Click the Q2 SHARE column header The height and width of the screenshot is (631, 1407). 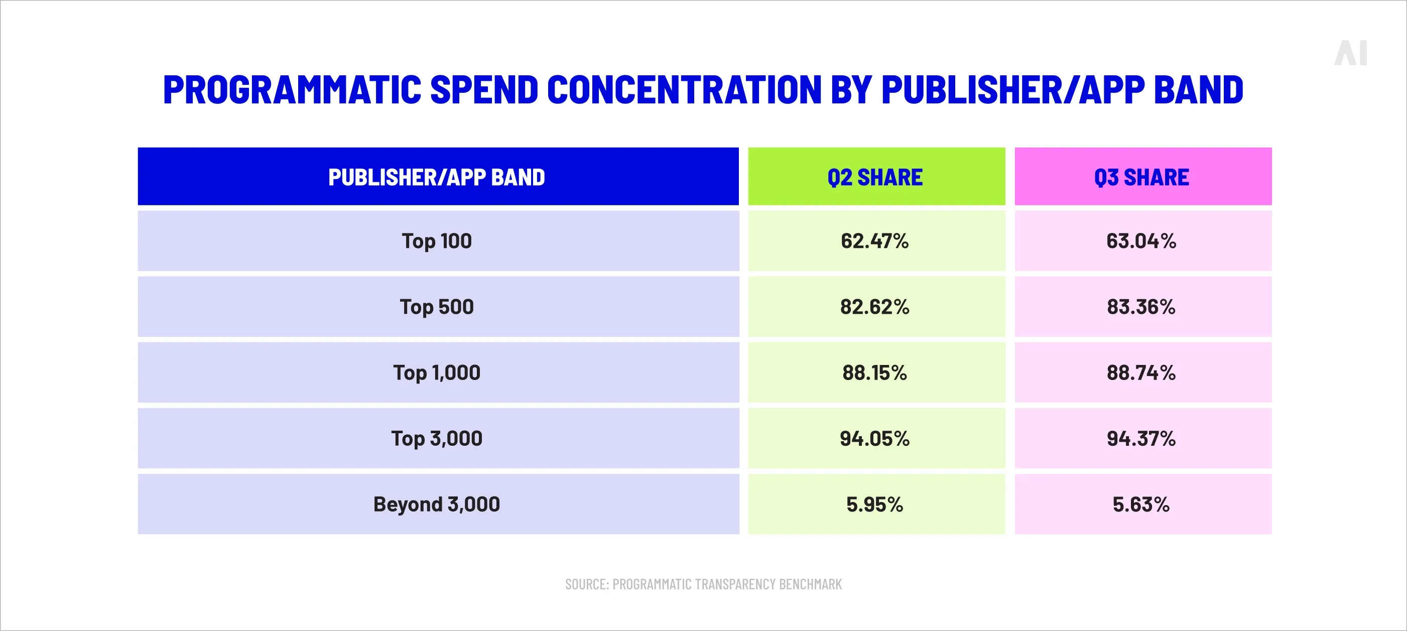pyautogui.click(x=875, y=177)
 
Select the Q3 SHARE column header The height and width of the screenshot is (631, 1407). pyautogui.click(x=1142, y=177)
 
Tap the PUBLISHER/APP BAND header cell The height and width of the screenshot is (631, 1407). pyautogui.click(x=437, y=177)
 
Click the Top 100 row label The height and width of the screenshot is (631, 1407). pyautogui.click(x=437, y=241)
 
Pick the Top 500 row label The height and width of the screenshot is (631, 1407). pyautogui.click(x=437, y=307)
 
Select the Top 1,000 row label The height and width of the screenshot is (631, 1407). pyautogui.click(x=437, y=372)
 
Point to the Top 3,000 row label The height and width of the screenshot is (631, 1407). pyautogui.click(x=437, y=438)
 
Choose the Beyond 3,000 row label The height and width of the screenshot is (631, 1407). pyautogui.click(x=437, y=503)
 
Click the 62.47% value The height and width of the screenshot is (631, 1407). pyautogui.click(x=875, y=241)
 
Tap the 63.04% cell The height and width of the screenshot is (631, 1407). pyautogui.click(x=1141, y=241)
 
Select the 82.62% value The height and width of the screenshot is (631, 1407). pyautogui.click(x=875, y=307)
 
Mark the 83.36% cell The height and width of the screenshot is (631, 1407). pyautogui.click(x=1141, y=307)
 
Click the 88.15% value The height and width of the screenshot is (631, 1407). pyautogui.click(x=875, y=372)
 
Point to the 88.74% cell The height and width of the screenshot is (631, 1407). pyautogui.click(x=1141, y=372)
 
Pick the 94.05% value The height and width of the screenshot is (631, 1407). pyautogui.click(x=875, y=438)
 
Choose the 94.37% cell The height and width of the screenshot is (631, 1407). pyautogui.click(x=1141, y=438)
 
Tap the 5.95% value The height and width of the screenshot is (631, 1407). pyautogui.click(x=875, y=503)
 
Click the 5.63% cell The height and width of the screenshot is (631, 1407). pyautogui.click(x=1141, y=503)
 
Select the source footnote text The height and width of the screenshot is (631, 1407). pyautogui.click(x=704, y=584)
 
